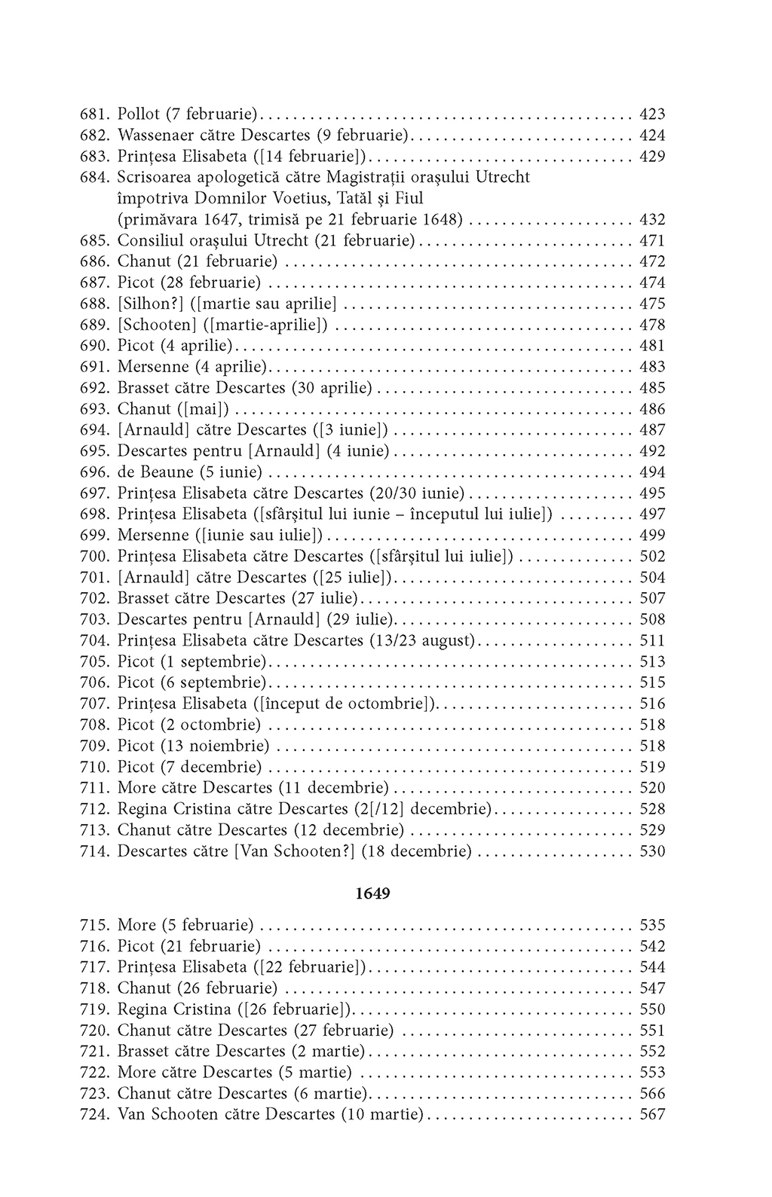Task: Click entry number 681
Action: (x=95, y=115)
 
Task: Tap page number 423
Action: (x=652, y=115)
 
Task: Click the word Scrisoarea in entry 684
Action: (x=154, y=178)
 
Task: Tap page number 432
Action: (x=652, y=220)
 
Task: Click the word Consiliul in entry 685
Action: (x=149, y=241)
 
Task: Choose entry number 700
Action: (x=95, y=557)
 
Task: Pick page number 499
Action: (x=652, y=536)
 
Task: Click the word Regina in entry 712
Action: (x=144, y=809)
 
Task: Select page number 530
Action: (x=652, y=851)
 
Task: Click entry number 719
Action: (x=95, y=1009)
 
